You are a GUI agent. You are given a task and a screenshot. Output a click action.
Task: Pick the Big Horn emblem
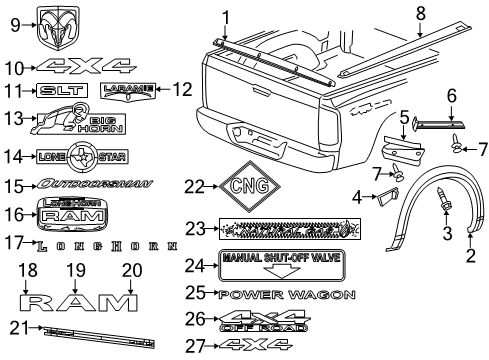(x=67, y=123)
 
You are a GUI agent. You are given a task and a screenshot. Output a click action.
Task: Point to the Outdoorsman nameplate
(x=93, y=185)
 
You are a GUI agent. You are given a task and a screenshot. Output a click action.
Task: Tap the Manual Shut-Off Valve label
(x=281, y=264)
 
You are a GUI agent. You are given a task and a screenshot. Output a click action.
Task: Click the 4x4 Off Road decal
(x=286, y=319)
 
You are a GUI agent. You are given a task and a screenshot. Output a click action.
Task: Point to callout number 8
(x=421, y=13)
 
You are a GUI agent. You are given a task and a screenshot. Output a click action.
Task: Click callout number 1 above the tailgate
(x=225, y=15)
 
